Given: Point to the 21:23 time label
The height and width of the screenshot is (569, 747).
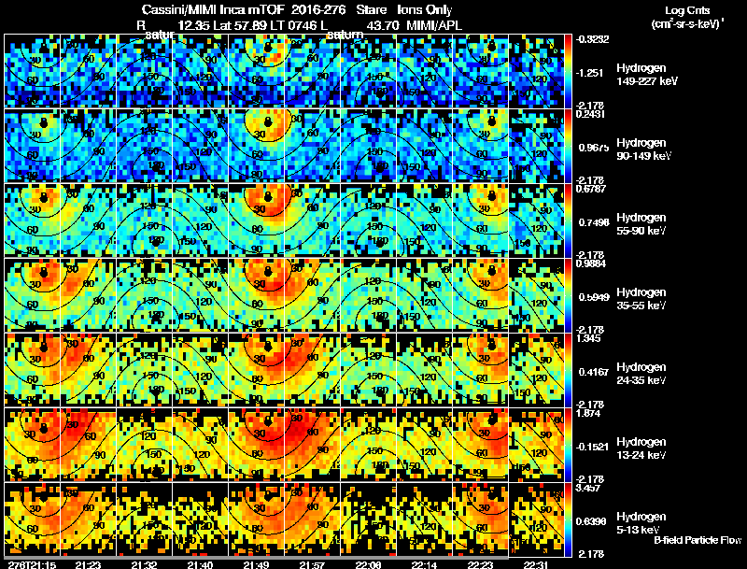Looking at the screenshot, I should click(x=91, y=564).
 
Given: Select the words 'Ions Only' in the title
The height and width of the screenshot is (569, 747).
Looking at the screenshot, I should click(x=425, y=8).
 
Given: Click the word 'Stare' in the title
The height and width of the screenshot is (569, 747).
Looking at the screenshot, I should click(x=371, y=8).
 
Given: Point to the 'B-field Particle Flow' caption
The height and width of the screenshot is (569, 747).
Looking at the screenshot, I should click(x=697, y=539).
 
